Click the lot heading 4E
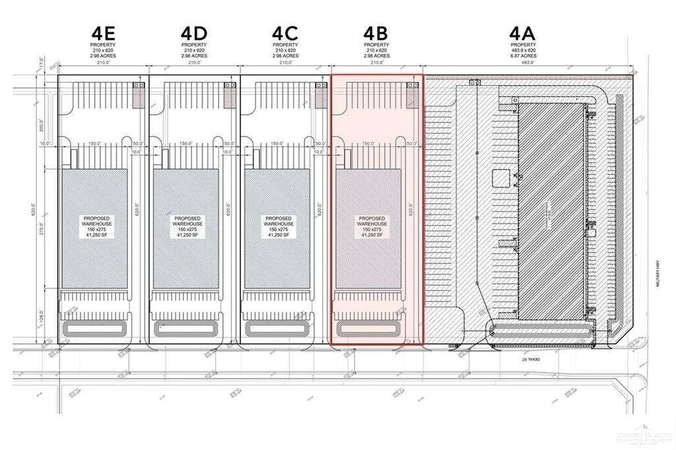pyautogui.click(x=103, y=32)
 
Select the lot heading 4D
pyautogui.click(x=194, y=32)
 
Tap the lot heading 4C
pyautogui.click(x=285, y=32)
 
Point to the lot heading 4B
pyautogui.click(x=376, y=32)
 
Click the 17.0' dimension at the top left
pyautogui.click(x=41, y=67)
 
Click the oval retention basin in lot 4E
pyautogui.click(x=96, y=327)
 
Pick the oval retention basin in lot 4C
pyautogui.click(x=279, y=327)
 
